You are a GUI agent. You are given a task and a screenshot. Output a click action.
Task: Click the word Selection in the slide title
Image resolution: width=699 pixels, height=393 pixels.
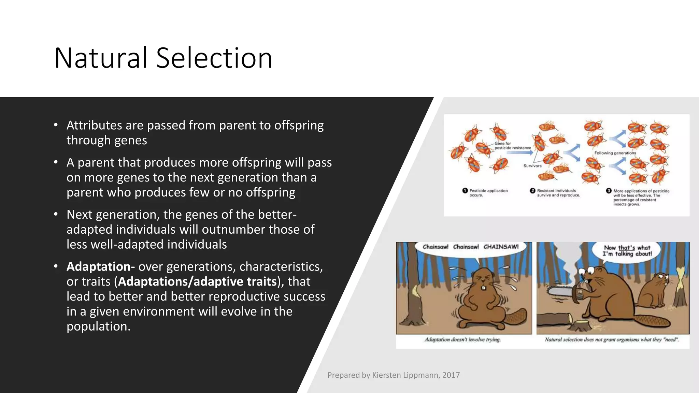click(x=214, y=58)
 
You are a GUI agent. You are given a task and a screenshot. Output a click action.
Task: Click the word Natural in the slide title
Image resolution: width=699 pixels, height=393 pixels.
click(x=101, y=58)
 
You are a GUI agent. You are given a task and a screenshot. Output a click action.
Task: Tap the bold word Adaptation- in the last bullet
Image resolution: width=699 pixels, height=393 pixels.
click(x=100, y=266)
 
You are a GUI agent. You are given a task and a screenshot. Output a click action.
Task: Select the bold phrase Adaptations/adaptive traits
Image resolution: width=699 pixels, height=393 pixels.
click(x=197, y=281)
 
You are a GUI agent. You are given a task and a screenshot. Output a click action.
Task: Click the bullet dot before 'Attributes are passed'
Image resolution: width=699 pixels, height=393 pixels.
click(x=56, y=125)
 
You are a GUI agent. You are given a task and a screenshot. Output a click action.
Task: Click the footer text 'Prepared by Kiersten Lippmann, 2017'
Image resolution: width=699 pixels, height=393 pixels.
click(x=393, y=375)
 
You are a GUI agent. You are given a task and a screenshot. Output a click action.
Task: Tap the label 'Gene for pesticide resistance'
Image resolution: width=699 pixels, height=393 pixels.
click(x=512, y=146)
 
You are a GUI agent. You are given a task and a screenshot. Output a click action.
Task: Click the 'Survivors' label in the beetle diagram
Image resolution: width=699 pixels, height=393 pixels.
click(x=532, y=166)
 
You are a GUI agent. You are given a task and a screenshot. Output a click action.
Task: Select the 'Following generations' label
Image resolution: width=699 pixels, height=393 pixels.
click(x=615, y=153)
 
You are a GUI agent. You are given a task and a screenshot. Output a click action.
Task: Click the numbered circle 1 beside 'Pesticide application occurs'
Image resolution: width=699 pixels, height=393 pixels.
click(x=465, y=191)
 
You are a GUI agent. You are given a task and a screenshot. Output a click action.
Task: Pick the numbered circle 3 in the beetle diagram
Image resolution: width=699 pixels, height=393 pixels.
click(x=609, y=191)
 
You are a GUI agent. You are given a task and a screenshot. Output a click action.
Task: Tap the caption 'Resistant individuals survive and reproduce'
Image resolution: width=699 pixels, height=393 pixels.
click(x=558, y=193)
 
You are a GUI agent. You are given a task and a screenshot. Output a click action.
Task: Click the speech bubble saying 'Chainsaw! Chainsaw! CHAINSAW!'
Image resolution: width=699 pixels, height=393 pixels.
click(x=470, y=247)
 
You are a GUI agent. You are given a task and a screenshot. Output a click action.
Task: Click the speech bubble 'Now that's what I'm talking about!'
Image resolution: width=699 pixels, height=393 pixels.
click(x=627, y=251)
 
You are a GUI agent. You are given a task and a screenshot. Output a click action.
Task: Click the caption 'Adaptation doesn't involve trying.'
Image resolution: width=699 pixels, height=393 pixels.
click(x=462, y=339)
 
